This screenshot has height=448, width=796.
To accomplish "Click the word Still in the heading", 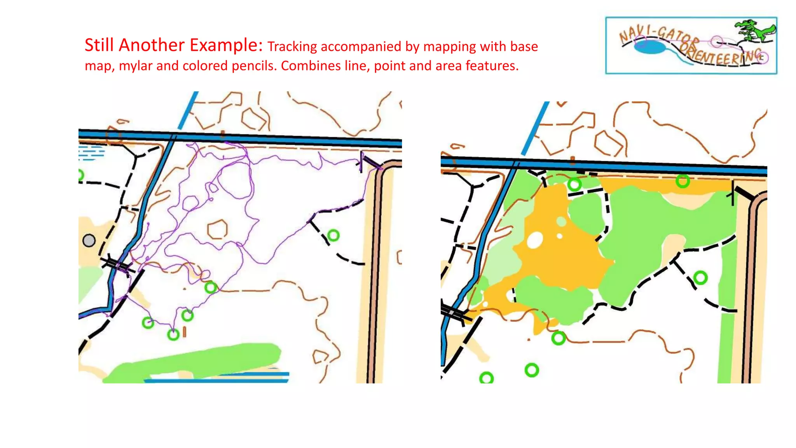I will coord(99,45).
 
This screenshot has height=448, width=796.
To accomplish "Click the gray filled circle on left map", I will coord(89,240).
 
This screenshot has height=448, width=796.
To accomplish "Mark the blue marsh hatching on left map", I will coord(91,153).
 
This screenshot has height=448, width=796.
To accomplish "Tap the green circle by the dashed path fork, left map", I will coord(333,235).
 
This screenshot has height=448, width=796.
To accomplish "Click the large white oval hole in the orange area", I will coord(535,240).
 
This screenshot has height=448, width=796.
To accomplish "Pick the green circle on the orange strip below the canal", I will coord(683,181).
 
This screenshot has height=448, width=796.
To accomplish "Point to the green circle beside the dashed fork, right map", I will coord(700,278).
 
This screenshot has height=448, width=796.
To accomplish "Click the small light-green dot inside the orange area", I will coord(561,222).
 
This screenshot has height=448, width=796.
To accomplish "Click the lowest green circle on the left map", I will coord(173,334).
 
